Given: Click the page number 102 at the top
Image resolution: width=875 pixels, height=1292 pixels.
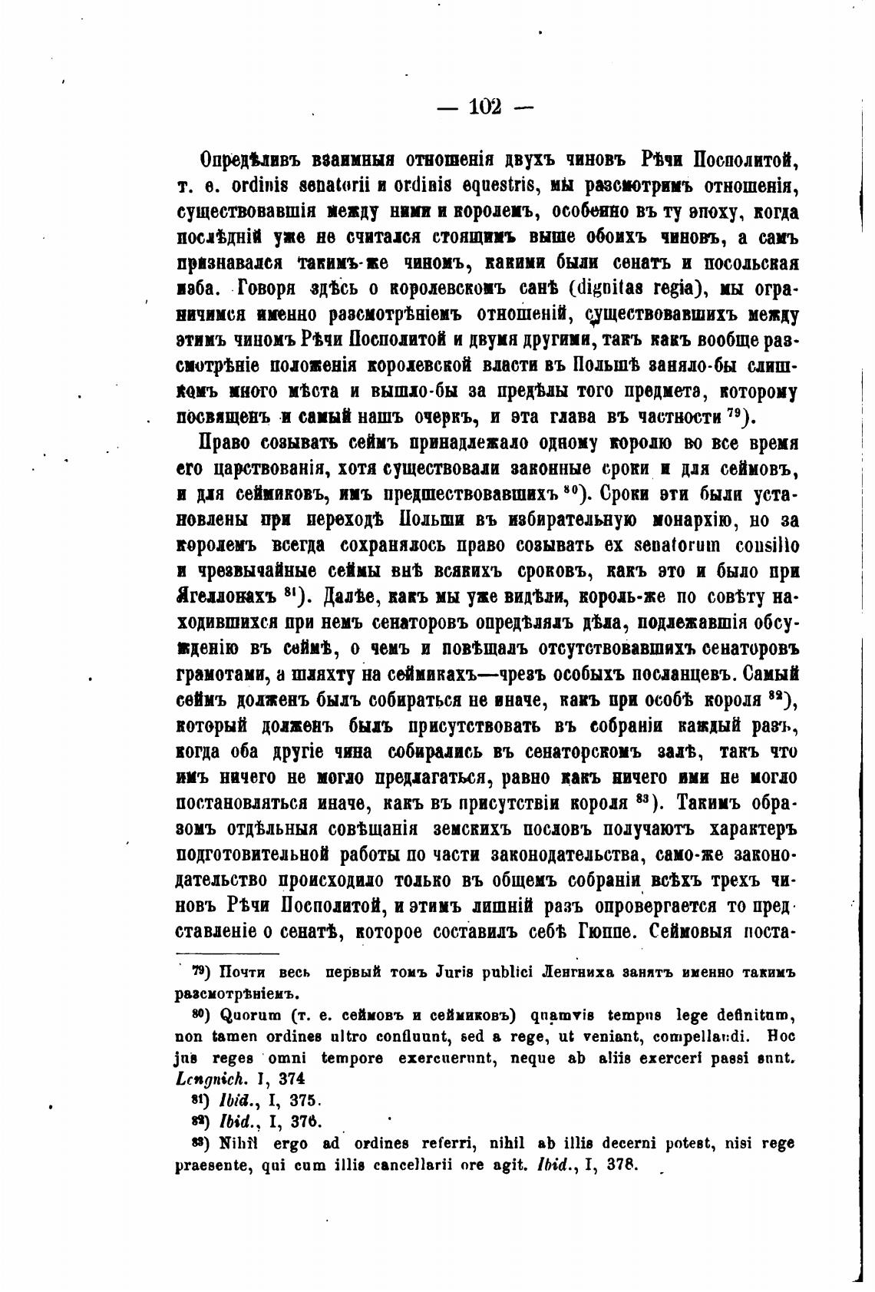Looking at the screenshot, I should (484, 107).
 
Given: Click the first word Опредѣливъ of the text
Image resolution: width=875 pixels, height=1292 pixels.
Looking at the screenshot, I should (249, 161).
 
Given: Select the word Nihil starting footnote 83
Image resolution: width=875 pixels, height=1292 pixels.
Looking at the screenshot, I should (239, 1143).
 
